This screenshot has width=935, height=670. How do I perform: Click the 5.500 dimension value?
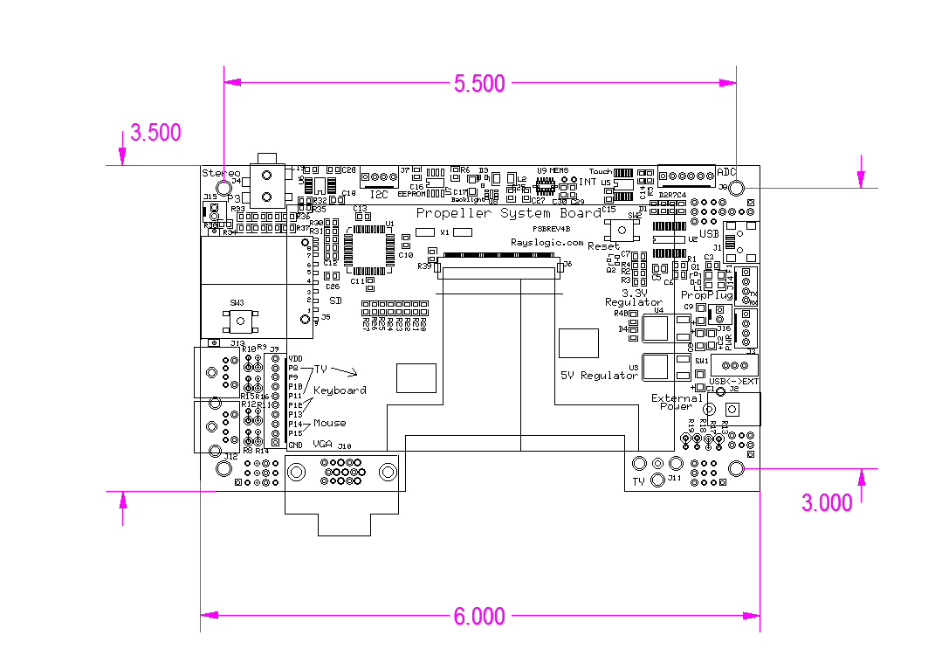[479, 84]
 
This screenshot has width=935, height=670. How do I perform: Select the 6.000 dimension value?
[479, 617]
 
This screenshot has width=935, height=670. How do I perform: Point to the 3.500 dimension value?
[155, 133]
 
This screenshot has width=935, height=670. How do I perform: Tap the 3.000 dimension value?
[828, 503]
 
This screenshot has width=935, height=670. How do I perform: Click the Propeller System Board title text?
[508, 213]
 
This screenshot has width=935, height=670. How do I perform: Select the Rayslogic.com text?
[547, 242]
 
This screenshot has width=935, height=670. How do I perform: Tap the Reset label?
[603, 247]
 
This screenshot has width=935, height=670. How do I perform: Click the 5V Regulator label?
[599, 376]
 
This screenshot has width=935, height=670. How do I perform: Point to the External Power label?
[677, 402]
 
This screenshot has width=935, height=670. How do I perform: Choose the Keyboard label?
[340, 390]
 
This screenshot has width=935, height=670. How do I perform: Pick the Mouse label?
[330, 424]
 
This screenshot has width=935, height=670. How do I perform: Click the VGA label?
[323, 445]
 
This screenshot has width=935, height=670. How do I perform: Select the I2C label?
[379, 194]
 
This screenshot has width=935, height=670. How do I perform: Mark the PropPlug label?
[706, 296]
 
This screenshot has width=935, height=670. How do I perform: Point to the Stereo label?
[220, 173]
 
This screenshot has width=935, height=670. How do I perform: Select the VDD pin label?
[295, 359]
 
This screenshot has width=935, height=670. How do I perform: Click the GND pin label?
[295, 446]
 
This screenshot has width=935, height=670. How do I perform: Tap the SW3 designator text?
[237, 302]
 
